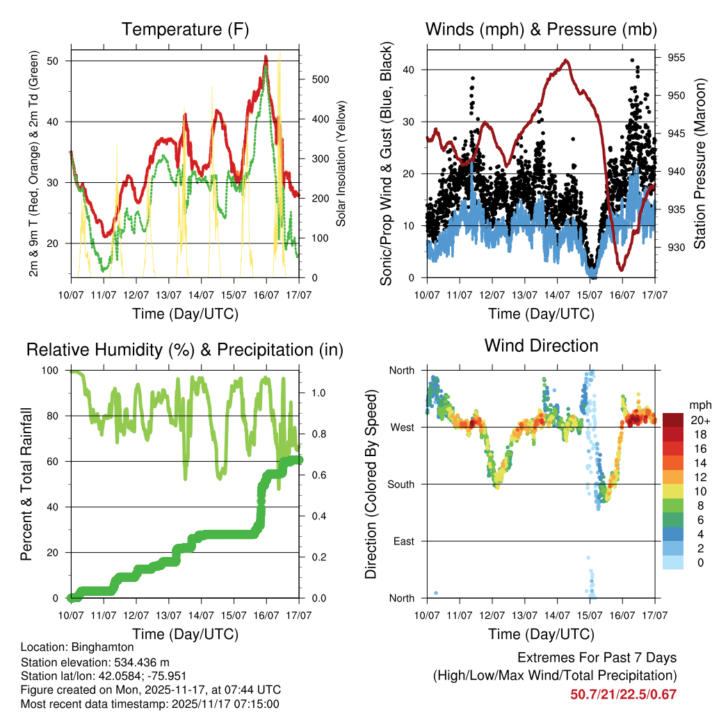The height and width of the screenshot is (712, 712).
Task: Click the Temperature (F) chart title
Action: click(x=185, y=29)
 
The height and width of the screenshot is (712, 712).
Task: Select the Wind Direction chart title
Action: click(x=541, y=345)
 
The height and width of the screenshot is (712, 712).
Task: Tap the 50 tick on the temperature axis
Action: click(x=58, y=60)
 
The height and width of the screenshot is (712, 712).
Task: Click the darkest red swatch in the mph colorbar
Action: click(x=673, y=419)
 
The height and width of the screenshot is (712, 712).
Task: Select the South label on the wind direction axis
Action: click(x=400, y=484)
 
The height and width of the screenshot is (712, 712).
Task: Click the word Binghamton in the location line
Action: click(x=98, y=647)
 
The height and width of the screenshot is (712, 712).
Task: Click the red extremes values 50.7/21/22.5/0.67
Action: click(x=623, y=694)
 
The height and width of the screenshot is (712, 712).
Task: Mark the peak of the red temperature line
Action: click(x=266, y=57)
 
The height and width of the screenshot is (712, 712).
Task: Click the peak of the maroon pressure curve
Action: click(x=567, y=60)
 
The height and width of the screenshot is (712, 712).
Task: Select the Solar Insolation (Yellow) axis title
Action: click(x=341, y=164)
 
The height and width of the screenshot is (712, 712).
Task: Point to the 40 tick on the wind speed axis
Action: click(x=409, y=70)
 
